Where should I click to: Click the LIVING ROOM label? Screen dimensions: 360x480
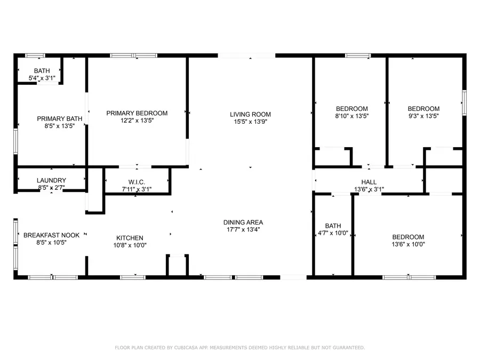pos(250,114)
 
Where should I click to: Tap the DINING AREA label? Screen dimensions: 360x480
pos(243,222)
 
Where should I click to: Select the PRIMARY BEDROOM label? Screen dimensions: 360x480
pos(137,113)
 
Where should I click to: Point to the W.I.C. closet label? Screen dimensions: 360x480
pos(137,182)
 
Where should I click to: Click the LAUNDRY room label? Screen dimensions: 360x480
pos(51,180)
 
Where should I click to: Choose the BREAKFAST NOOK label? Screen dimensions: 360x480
pos(51,235)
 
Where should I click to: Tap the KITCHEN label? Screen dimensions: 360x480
pos(130,238)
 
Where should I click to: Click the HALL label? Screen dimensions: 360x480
pos(369,182)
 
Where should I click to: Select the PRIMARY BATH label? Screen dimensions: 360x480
pos(52,119)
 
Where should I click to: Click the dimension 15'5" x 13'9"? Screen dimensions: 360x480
pos(250,122)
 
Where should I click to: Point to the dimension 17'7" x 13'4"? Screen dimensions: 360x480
pos(243,230)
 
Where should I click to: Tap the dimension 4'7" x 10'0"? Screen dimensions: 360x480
pos(333,233)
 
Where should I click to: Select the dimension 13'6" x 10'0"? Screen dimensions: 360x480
pos(408,245)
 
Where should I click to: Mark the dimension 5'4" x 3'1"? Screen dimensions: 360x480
pos(42,78)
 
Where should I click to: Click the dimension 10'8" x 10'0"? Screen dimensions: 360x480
pos(130,245)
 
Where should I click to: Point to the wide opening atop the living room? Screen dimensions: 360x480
pos(246,55)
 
